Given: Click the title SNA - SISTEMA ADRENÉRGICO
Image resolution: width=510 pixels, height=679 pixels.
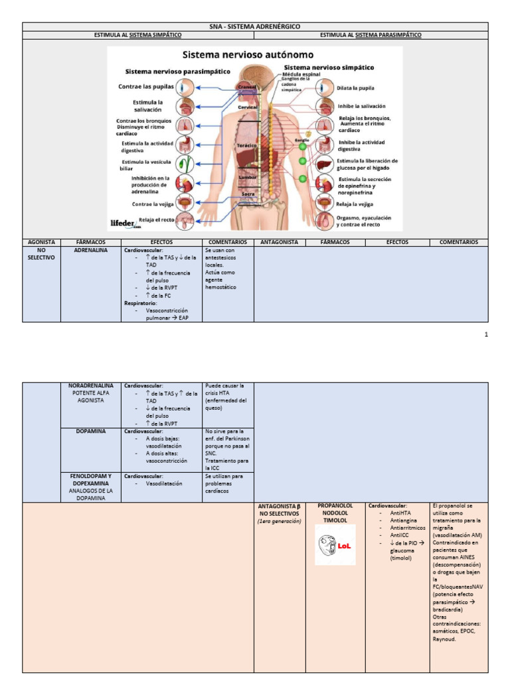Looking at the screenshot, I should click(255, 26).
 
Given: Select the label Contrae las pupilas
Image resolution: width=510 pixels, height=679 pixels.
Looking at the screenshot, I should click(146, 86).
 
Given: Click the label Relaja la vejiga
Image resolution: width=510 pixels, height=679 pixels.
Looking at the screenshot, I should click(356, 204).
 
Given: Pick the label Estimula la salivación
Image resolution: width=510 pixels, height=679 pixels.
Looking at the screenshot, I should click(147, 105).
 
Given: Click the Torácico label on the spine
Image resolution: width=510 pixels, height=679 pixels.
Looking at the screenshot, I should click(246, 145).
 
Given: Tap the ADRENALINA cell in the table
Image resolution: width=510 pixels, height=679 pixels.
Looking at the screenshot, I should click(92, 251).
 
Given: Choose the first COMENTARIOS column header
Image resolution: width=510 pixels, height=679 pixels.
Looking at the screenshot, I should click(228, 243).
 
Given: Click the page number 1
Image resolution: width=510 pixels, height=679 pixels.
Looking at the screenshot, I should click(486, 335).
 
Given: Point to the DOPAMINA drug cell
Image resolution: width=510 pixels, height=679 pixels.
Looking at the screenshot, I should click(92, 432).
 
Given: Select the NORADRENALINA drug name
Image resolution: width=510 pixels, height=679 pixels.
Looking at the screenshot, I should click(92, 385).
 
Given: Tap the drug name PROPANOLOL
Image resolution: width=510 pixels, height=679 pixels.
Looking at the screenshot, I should click(335, 505).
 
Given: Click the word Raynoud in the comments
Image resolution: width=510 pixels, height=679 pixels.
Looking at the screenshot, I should click(444, 639).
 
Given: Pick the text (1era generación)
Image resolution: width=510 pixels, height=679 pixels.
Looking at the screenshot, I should click(280, 521).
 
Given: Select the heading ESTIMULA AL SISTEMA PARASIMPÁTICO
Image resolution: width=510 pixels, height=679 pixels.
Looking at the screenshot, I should click(371, 34).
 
